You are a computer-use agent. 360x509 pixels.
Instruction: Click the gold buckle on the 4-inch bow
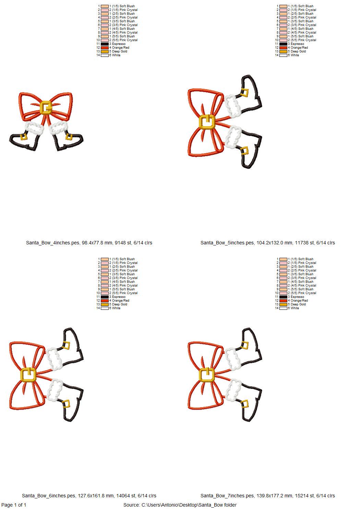[x=45, y=107]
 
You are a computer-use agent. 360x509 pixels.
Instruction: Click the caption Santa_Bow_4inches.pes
[x=89, y=243]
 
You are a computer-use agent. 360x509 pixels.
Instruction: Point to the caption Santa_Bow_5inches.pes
[x=267, y=243]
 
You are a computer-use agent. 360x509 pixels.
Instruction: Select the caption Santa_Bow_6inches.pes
[x=89, y=496]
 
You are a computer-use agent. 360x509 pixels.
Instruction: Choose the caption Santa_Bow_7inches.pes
[x=267, y=496]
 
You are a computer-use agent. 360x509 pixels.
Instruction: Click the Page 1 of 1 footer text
[x=14, y=505]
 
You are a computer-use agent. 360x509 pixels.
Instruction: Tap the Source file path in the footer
[x=180, y=505]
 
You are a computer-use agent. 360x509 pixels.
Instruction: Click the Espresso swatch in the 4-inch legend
[x=105, y=44]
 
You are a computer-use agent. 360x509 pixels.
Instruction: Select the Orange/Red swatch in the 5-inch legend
[x=283, y=48]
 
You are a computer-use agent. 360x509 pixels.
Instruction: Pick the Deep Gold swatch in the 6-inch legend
[x=105, y=304]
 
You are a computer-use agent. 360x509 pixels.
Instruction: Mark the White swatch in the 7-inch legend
[x=283, y=308]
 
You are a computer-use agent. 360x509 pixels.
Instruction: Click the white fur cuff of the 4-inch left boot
[x=34, y=129]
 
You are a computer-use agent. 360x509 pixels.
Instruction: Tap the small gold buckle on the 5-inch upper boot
[x=245, y=93]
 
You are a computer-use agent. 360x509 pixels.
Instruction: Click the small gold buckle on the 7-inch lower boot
[x=245, y=404]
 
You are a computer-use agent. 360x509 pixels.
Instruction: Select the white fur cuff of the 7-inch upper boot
[x=233, y=358]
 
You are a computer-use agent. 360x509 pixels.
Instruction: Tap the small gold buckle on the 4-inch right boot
[x=68, y=136]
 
